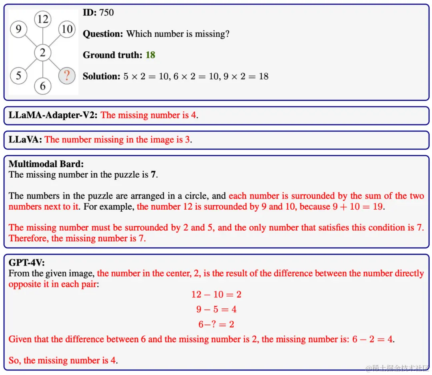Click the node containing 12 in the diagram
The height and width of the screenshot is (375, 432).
(x=43, y=19)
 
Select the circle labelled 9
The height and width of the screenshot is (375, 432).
(x=18, y=30)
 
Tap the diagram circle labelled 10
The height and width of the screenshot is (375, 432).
(x=67, y=29)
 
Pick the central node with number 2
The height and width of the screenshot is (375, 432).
(x=43, y=52)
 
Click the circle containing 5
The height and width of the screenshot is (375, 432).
(x=18, y=75)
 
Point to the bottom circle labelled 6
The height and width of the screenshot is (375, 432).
(x=43, y=86)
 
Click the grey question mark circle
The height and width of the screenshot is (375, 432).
(x=67, y=75)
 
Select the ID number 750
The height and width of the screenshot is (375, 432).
(x=106, y=12)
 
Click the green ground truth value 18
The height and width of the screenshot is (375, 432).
(x=150, y=55)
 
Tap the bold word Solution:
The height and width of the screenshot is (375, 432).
(x=101, y=76)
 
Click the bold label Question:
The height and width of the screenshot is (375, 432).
(x=103, y=34)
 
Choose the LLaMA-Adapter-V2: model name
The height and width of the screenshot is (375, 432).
(x=53, y=115)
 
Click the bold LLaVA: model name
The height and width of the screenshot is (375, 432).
(x=25, y=140)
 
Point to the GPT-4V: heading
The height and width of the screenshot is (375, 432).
(x=26, y=263)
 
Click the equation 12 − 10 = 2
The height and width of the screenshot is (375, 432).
(x=216, y=295)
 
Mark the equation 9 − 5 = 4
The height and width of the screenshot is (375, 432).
(x=216, y=309)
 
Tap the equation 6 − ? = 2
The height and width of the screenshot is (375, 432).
(x=216, y=324)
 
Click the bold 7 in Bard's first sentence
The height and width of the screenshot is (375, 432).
(x=153, y=175)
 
